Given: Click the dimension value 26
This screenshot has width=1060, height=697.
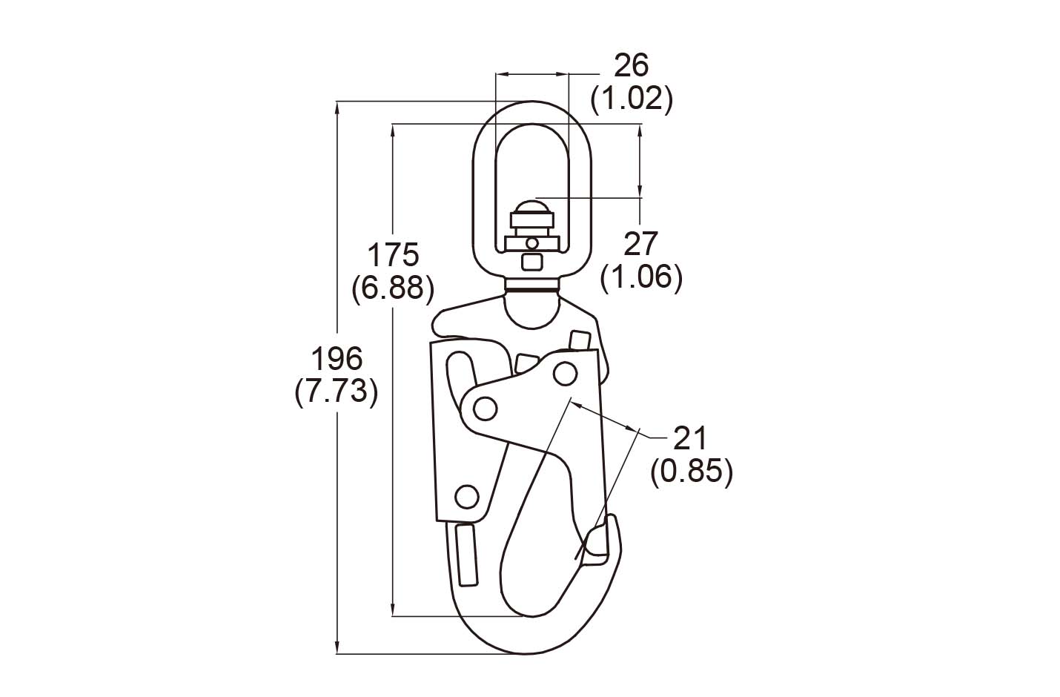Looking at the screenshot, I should click(632, 66).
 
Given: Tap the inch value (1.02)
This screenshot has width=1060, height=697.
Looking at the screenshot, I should click(632, 99).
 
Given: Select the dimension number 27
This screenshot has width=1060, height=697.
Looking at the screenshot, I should click(641, 243).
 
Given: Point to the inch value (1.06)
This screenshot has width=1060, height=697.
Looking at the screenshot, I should click(641, 277).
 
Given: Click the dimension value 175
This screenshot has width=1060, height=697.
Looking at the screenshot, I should click(394, 255).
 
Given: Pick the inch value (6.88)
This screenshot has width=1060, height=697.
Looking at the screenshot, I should click(394, 288).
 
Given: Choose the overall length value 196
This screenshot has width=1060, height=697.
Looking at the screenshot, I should click(337, 360).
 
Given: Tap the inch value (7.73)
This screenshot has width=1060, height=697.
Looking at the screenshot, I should click(337, 392).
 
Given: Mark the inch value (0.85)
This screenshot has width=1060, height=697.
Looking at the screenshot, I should click(691, 472).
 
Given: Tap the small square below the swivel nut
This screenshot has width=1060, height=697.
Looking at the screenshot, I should click(531, 262).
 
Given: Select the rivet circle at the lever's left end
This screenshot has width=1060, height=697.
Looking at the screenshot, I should click(485, 408).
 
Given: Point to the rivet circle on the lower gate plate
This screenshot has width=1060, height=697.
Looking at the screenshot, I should click(466, 496).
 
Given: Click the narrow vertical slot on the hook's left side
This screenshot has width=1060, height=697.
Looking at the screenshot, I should click(466, 554).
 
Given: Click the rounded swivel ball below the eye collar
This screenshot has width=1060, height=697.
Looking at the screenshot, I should click(531, 308).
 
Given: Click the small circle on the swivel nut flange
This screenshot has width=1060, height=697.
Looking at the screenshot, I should click(531, 242).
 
